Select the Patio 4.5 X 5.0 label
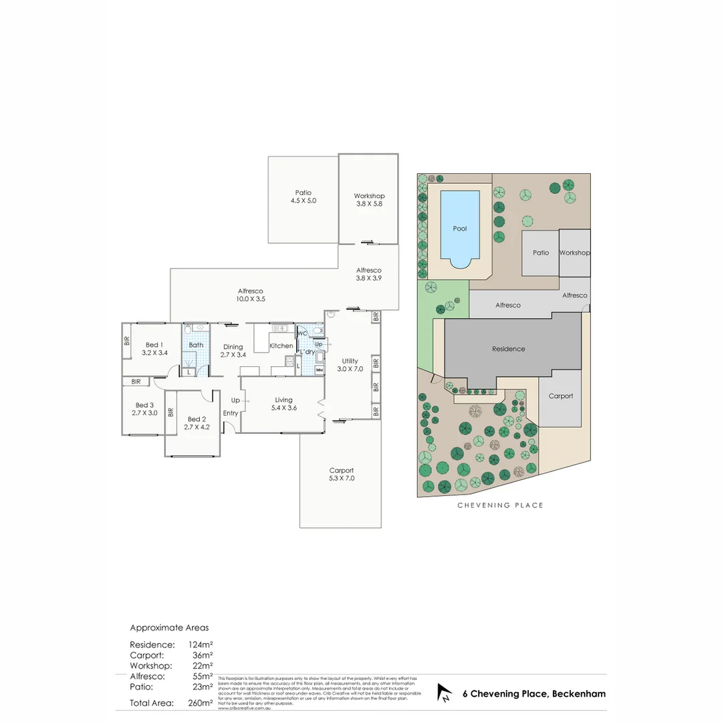coord(303,197)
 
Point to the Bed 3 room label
coord(144,409)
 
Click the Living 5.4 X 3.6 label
coord(283,404)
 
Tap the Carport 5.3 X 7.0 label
coord(341,474)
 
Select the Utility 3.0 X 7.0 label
coord(350,365)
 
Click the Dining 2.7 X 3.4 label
coord(233,351)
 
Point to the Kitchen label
coord(281,346)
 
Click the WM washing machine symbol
coord(319,369)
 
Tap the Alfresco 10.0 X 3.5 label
coord(251,295)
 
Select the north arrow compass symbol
coord(444,693)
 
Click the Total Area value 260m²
coord(201,703)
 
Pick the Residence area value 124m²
coord(201,644)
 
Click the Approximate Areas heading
coord(169,628)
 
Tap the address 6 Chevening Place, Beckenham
coord(534,694)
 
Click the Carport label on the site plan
coord(560,396)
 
